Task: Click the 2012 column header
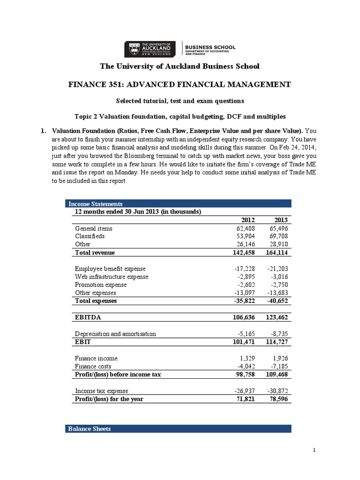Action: [247, 220]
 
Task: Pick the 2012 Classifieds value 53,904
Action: [245, 236]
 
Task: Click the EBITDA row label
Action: [88, 317]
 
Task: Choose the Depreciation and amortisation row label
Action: [115, 334]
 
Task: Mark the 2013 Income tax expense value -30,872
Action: [278, 391]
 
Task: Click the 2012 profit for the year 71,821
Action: [245, 399]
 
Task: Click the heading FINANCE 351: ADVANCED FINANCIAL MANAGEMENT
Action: [180, 84]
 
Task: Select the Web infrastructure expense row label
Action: [112, 277]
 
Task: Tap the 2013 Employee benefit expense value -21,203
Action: [278, 269]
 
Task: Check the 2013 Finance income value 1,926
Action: [280, 358]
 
